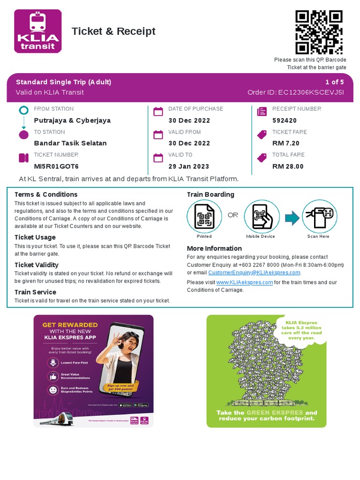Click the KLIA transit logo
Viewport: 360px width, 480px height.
click(37, 31)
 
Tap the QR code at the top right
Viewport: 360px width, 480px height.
click(319, 32)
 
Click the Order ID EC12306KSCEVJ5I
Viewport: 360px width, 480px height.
click(311, 92)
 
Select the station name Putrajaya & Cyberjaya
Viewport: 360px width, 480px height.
click(72, 120)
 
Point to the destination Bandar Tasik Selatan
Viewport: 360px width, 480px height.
click(70, 143)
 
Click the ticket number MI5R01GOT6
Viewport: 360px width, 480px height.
click(56, 166)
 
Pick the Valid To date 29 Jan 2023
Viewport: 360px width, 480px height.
click(188, 166)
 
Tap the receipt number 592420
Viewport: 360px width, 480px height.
click(285, 120)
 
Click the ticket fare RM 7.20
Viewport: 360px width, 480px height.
click(285, 143)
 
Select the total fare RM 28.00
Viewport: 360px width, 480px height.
click(288, 166)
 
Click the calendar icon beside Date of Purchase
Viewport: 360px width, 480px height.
click(158, 112)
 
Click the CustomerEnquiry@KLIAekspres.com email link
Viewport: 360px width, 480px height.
click(254, 273)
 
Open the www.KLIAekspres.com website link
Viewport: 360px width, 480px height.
click(244, 283)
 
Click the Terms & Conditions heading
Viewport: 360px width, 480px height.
click(46, 195)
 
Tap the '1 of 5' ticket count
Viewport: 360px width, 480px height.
click(335, 82)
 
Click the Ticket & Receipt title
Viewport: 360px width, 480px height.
click(113, 31)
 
